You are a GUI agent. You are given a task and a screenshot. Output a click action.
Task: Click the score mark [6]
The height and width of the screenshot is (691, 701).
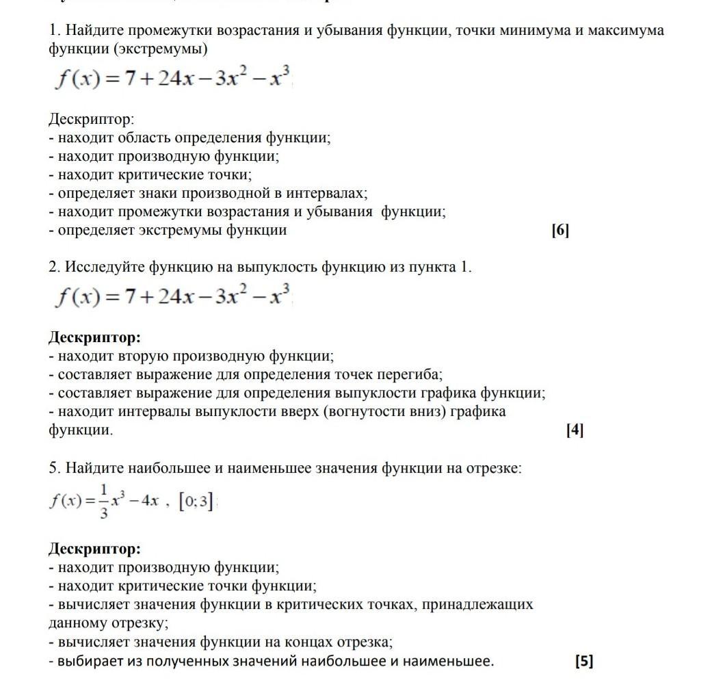point(560,231)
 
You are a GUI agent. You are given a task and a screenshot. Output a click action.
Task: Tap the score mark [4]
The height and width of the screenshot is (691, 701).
point(575,430)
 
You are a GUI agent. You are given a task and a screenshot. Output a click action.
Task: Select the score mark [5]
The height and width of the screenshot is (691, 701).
point(584,662)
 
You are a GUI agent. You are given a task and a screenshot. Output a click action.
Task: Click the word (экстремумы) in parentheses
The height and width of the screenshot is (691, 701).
point(160,49)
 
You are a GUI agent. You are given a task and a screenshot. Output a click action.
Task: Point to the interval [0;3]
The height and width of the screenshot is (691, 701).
point(196,502)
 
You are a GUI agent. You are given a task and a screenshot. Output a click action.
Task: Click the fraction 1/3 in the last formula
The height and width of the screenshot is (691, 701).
point(103,501)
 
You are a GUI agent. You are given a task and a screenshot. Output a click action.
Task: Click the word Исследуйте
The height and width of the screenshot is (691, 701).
point(105,268)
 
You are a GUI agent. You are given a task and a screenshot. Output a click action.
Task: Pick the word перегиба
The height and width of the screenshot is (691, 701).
point(412,375)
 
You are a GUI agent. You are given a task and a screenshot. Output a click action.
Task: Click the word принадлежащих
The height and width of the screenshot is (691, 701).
point(480,605)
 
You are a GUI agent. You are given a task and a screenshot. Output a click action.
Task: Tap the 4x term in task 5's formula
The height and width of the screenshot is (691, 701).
point(149,501)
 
